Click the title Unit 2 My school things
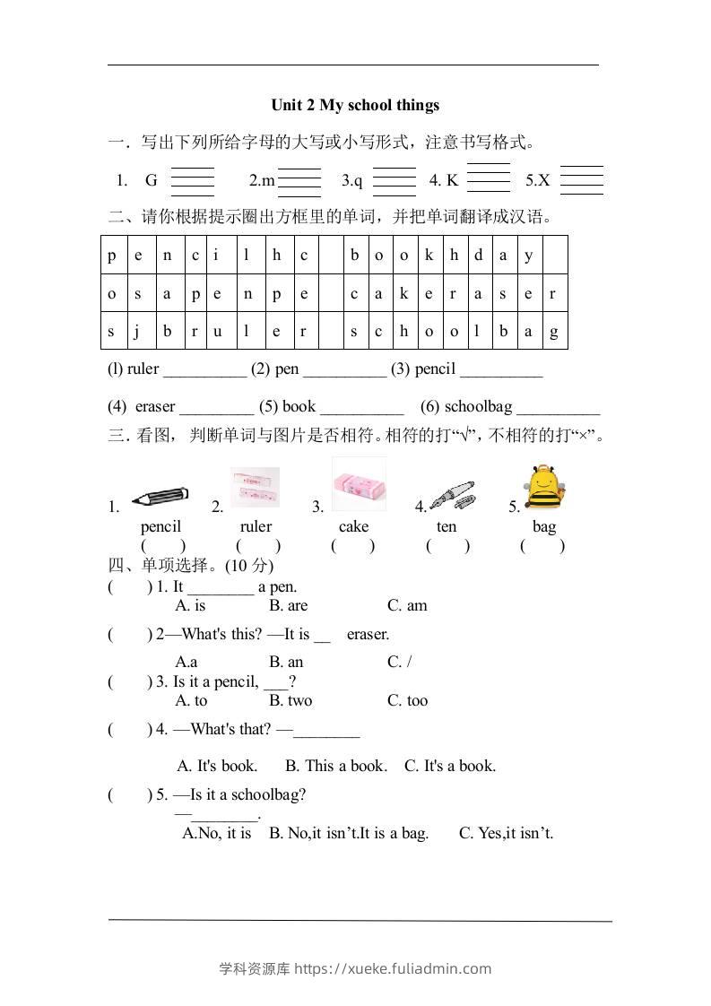(355, 105)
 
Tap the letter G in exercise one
(151, 180)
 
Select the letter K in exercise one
(452, 180)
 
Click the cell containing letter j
(138, 331)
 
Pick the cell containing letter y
(529, 255)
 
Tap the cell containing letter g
(554, 331)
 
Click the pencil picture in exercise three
(160, 497)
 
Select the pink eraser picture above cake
(359, 486)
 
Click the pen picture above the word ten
(452, 496)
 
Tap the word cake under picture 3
(353, 526)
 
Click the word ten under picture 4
(447, 526)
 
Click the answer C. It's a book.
(449, 766)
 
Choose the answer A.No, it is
(217, 833)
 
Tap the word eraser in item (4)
(155, 406)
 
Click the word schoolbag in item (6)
(478, 406)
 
